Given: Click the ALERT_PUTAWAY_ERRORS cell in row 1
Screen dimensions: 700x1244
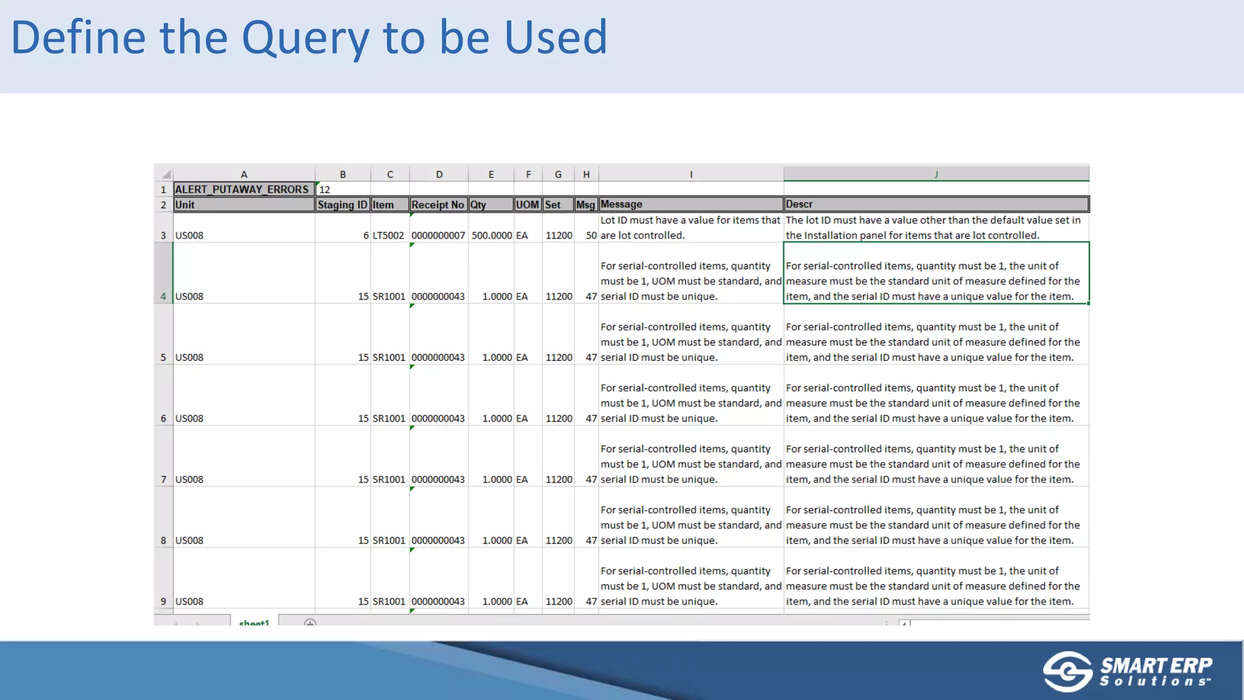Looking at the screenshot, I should [x=243, y=190].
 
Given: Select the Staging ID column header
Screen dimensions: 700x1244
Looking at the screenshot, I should [x=343, y=205].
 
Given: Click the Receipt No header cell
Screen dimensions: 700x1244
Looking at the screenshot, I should [x=438, y=205].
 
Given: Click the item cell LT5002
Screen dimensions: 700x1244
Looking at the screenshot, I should [x=388, y=236].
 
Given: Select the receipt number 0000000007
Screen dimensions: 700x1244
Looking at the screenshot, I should [x=438, y=236].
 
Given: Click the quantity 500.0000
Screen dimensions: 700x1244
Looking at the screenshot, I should [x=491, y=236].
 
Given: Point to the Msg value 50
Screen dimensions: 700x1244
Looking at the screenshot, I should [x=591, y=236].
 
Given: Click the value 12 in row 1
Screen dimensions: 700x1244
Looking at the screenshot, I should [x=325, y=190].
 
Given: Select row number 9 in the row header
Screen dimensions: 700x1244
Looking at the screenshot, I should [x=163, y=602].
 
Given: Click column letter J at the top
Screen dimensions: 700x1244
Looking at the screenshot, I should [x=936, y=174].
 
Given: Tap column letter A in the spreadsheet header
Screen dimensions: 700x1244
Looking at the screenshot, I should [x=244, y=174].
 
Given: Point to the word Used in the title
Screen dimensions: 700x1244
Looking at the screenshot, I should [x=556, y=38].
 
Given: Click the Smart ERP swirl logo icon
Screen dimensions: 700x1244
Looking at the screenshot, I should [x=1067, y=671].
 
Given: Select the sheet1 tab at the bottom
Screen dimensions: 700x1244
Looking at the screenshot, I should [x=254, y=622].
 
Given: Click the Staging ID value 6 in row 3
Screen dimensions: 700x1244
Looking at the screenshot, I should [x=366, y=236].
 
